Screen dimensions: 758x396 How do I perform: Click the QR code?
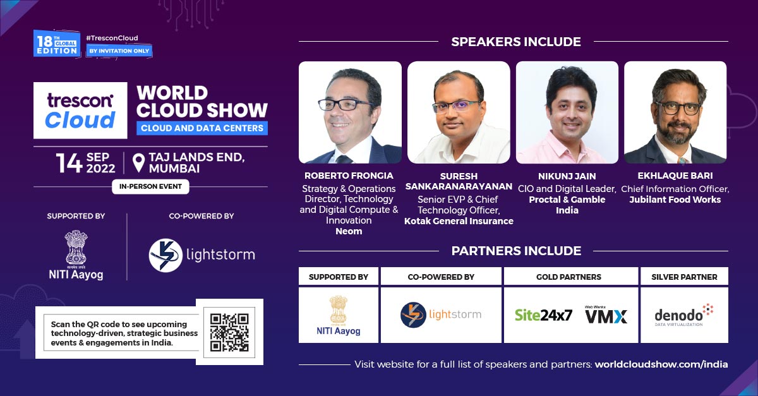coord(229,332)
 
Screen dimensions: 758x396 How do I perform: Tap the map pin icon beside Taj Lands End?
coord(138,163)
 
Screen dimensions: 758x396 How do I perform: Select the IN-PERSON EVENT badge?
coord(150,186)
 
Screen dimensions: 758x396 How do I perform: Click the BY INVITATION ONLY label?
coord(119,51)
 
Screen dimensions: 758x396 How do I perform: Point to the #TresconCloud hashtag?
coord(112,38)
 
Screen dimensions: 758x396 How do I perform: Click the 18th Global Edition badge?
coord(57,44)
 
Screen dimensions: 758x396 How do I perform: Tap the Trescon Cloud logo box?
coord(81,111)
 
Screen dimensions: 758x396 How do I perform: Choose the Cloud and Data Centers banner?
coord(202,128)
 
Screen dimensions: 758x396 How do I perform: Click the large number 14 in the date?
coord(69,163)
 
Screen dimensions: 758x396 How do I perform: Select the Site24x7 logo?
coord(543,315)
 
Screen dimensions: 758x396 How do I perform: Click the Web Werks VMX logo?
coord(606,315)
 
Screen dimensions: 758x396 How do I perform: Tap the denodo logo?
coord(684,315)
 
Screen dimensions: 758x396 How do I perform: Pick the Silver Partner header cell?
coord(684,277)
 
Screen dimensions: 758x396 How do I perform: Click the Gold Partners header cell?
coord(568,277)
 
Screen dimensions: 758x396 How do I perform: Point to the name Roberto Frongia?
coord(349,176)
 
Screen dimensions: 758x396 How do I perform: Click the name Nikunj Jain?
coord(567,176)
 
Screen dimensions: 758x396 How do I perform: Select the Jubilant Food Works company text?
coord(675,200)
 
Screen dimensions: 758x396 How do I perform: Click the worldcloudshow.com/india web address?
coord(661,364)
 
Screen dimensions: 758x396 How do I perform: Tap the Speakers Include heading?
coord(516,42)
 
